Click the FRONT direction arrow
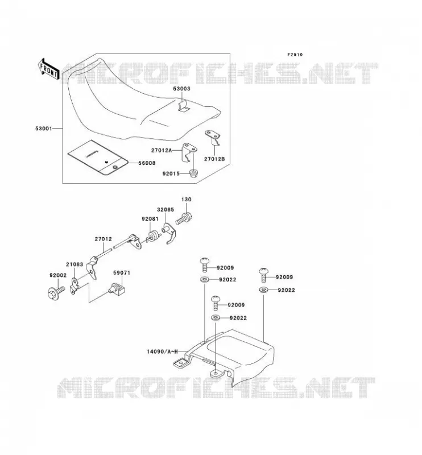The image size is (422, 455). click(48, 69)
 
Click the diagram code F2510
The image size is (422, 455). click(295, 55)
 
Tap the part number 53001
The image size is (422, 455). click(44, 129)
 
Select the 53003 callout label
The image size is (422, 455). click(181, 89)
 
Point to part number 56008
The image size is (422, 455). click(147, 163)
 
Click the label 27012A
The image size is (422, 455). click(162, 150)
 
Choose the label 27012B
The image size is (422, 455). click(214, 159)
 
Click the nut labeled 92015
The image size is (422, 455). click(193, 173)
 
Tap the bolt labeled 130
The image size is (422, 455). click(185, 219)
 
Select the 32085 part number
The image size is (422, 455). click(166, 209)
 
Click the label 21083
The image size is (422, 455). click(75, 264)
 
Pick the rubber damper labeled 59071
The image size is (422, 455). click(117, 289)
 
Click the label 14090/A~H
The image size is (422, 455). click(162, 351)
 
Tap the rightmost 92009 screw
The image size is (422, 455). click(263, 275)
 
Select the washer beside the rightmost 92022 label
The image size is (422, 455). click(263, 290)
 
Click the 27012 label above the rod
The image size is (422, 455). click(104, 239)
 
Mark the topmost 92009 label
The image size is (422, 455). click(225, 267)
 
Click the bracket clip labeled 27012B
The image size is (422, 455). click(213, 137)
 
